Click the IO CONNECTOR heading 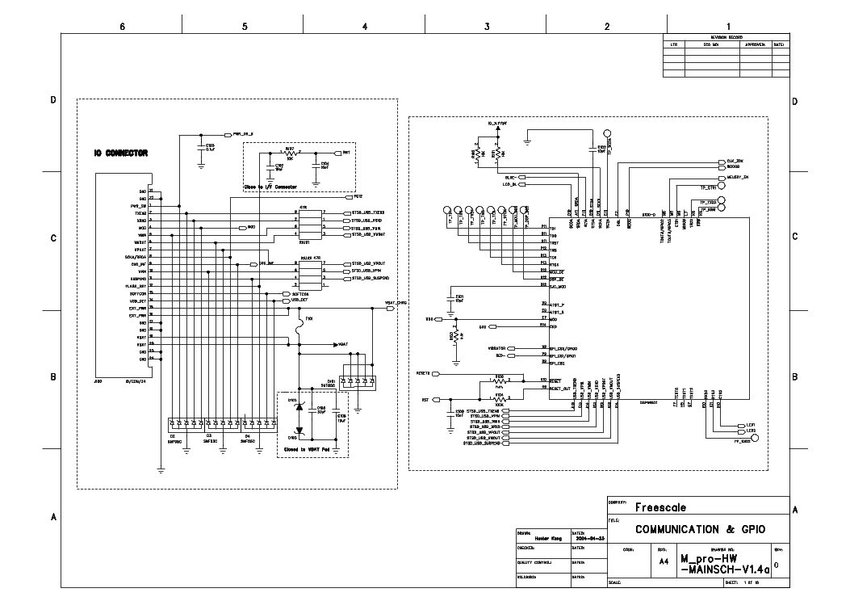click(120, 153)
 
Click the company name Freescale click(660, 508)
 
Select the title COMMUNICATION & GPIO click(699, 530)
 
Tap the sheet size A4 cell click(664, 561)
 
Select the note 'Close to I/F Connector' click(271, 187)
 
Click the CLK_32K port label click(734, 162)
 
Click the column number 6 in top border click(122, 26)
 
